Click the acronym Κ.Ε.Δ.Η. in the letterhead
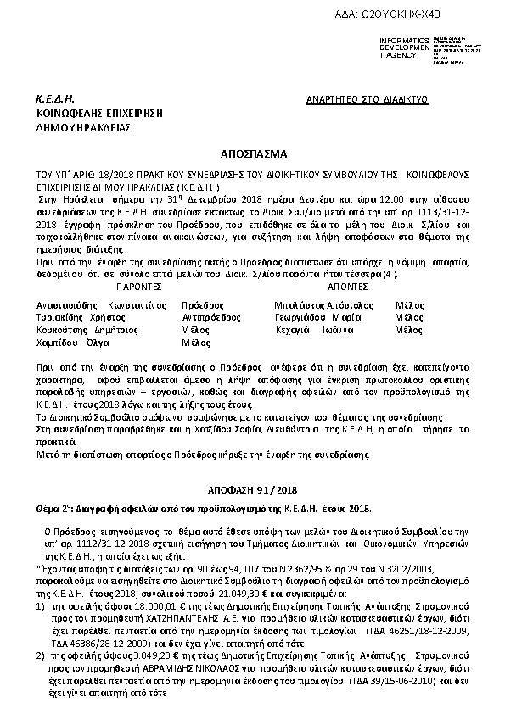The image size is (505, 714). (52, 99)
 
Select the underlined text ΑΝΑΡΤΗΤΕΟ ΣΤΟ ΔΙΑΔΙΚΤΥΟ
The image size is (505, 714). (366, 99)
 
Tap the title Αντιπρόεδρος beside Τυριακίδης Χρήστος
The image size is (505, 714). (209, 316)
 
